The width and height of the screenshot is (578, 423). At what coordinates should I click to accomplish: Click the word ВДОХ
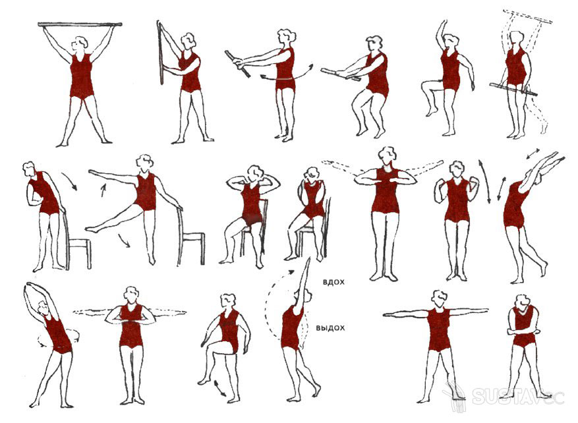333,282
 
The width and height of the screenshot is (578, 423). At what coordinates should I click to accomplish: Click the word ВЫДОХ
331,327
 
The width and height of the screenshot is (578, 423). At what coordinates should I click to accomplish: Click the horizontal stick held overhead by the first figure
80,24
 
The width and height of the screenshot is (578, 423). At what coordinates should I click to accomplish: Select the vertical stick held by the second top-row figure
160,53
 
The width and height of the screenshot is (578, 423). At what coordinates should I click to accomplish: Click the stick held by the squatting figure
340,74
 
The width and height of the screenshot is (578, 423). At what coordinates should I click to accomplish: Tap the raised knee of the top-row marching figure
424,86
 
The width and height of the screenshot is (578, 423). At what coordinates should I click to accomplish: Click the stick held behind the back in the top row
513,90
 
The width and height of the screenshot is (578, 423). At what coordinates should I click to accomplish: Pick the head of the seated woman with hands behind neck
254,173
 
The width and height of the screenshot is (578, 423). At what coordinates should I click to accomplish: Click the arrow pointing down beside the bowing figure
69,181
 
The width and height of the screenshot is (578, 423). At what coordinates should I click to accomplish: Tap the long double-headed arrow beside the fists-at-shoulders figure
484,181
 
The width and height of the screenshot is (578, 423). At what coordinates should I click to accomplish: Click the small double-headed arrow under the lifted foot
220,389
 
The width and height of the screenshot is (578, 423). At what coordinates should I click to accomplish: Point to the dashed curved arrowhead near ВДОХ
291,272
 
